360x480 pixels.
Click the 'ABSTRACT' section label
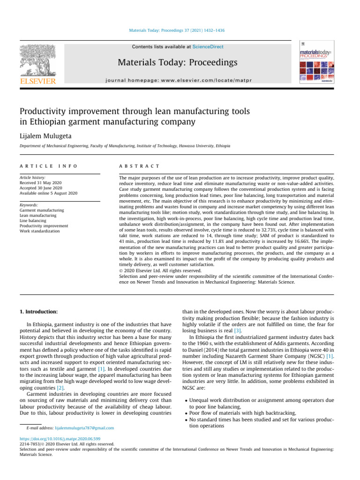click(140, 166)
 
